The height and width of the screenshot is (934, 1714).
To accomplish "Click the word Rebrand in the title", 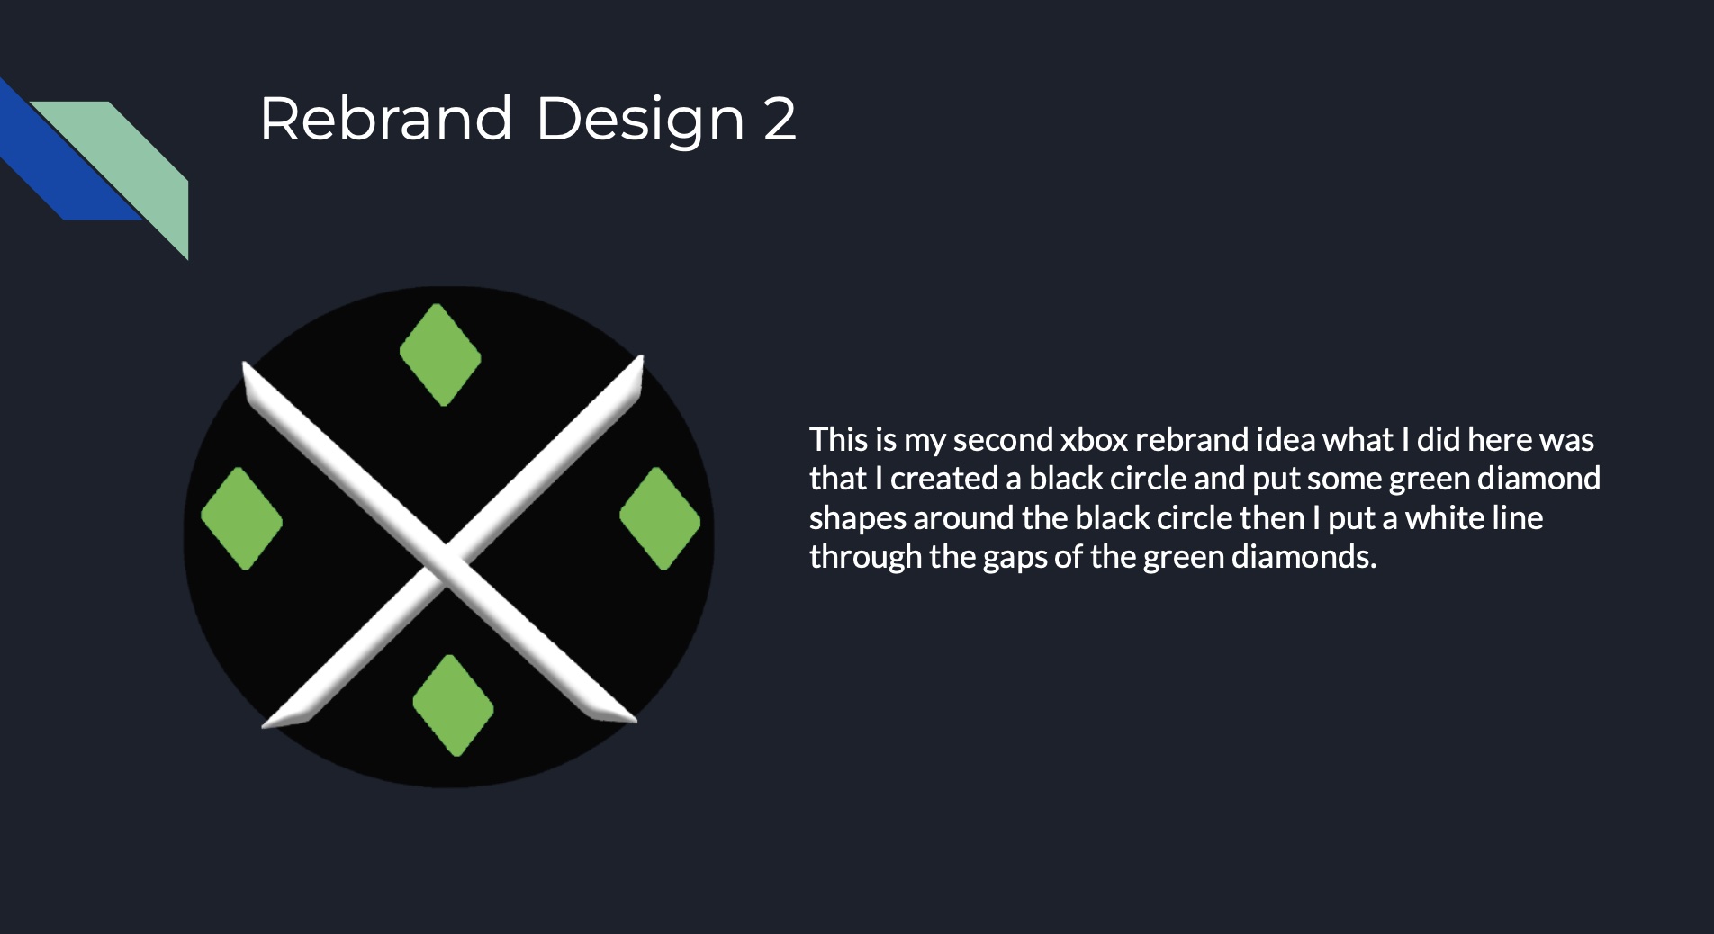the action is click(x=386, y=118).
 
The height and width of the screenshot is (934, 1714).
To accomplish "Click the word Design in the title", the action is click(x=640, y=121).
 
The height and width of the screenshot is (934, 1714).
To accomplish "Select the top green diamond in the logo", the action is click(x=440, y=355).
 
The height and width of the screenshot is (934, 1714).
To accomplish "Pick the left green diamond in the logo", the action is click(x=241, y=518).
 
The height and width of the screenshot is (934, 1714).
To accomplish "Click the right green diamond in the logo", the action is click(x=660, y=518).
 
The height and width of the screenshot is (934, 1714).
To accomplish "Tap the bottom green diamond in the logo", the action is click(x=453, y=705).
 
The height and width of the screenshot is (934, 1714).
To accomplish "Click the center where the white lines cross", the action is click(x=445, y=563).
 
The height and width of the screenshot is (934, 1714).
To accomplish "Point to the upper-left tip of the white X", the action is click(x=244, y=363).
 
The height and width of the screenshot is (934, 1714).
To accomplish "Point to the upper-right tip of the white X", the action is click(x=642, y=356).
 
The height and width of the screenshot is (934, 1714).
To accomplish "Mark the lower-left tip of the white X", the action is click(x=263, y=725).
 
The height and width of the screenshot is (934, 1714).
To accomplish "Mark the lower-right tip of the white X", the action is click(x=636, y=720).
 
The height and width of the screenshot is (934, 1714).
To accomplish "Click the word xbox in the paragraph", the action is click(x=1094, y=440).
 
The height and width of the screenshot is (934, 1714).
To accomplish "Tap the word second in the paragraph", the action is click(x=1002, y=440).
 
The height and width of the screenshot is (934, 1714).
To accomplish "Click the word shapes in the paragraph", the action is click(x=857, y=519).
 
